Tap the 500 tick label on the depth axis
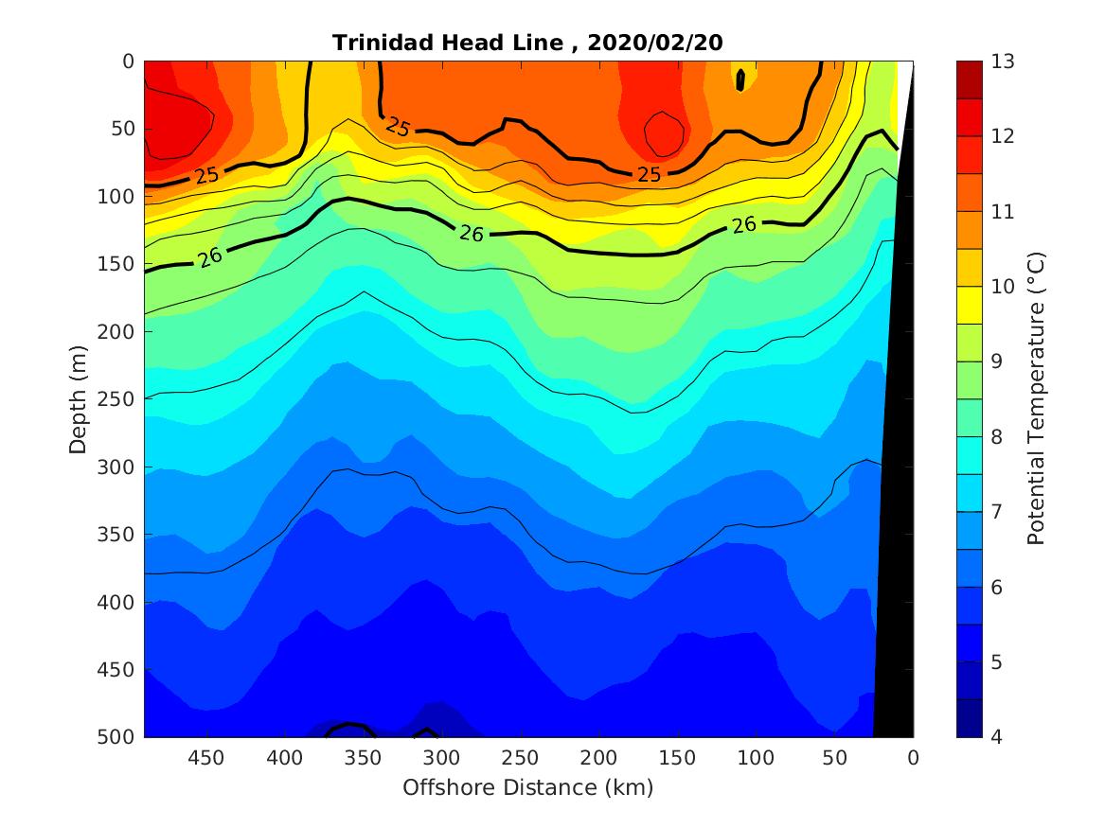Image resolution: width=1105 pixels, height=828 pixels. point(116,737)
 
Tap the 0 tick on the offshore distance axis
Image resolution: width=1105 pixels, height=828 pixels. point(913,758)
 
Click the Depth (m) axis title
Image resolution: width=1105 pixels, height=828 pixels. point(79,399)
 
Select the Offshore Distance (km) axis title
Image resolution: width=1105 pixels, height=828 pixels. point(527,787)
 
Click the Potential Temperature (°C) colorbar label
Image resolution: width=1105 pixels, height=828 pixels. point(1036,398)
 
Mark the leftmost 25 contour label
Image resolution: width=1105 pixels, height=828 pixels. point(206,175)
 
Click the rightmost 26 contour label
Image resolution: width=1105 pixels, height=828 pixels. point(744,224)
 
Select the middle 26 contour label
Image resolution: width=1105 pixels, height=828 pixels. point(472,233)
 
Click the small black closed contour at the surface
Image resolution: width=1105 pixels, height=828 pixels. point(740,80)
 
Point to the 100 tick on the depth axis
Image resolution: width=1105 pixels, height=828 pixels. point(116,197)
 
